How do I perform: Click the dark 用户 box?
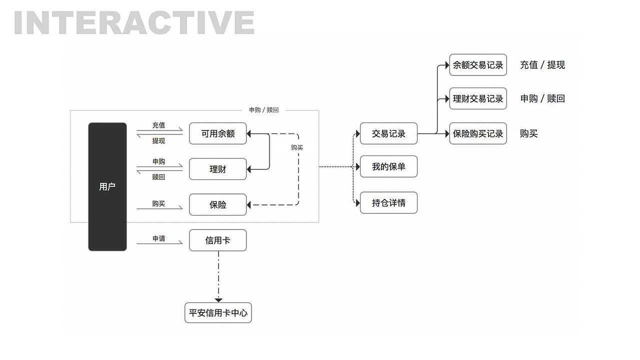107,186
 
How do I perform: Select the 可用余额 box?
217,133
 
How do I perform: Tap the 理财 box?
217,169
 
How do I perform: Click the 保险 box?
217,204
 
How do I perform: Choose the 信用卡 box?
217,240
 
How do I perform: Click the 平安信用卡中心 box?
218,313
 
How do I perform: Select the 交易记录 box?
388,133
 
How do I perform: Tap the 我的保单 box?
388,166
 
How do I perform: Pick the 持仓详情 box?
388,202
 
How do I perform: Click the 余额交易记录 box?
477,65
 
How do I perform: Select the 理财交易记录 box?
477,98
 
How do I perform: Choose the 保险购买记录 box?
477,133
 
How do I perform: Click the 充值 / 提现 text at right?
542,65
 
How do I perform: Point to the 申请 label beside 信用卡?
158,238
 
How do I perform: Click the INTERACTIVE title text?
134,22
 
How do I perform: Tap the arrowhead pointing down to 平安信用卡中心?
218,299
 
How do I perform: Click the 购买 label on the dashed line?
297,147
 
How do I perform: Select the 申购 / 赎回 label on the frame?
263,110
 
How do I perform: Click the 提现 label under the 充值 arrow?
158,141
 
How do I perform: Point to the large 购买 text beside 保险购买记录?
528,133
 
